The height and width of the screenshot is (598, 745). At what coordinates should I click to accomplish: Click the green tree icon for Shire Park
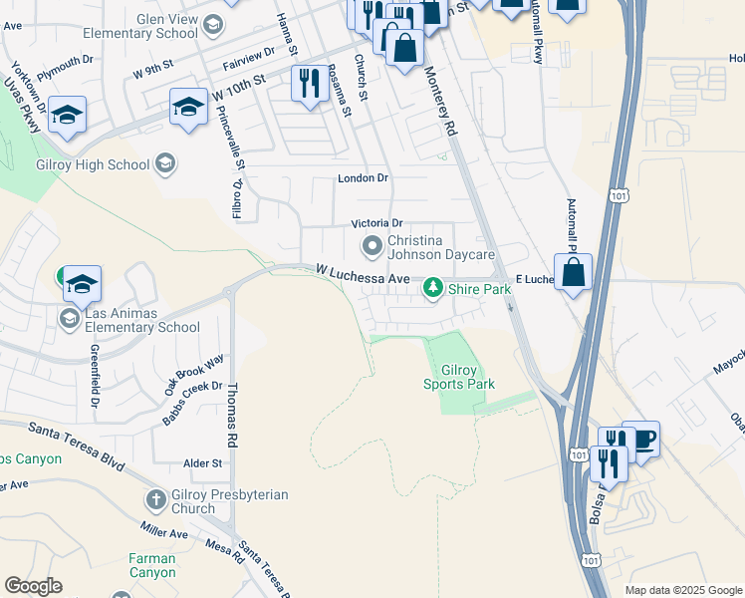432,289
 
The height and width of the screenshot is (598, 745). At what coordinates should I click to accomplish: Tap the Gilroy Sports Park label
459,377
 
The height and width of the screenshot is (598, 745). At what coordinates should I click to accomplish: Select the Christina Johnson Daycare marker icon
372,245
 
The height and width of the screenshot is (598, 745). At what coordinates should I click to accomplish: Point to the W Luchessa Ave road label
363,274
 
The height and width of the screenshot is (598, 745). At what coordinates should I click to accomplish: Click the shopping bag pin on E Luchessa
574,272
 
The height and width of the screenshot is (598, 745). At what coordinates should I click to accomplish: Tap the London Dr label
362,179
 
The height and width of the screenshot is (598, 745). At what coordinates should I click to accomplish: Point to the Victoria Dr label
376,223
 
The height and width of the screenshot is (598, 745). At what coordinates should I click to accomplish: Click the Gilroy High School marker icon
165,163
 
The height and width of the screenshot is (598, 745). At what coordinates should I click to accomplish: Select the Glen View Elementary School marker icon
212,24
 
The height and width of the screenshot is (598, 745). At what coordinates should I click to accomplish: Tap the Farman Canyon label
151,565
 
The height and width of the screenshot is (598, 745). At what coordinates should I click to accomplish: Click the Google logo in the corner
32,586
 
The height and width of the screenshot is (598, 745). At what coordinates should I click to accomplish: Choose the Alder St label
202,463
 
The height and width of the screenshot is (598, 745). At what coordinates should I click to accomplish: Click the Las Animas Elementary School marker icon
69,318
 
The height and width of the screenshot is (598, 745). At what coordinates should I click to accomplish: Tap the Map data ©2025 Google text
682,590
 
